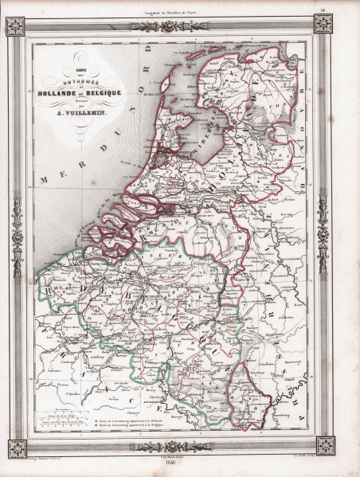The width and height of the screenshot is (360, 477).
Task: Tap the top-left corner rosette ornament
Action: tap(16, 26)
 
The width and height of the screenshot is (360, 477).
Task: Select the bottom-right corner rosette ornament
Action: tap(323, 445)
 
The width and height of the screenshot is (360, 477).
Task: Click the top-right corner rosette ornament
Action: tap(323, 24)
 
